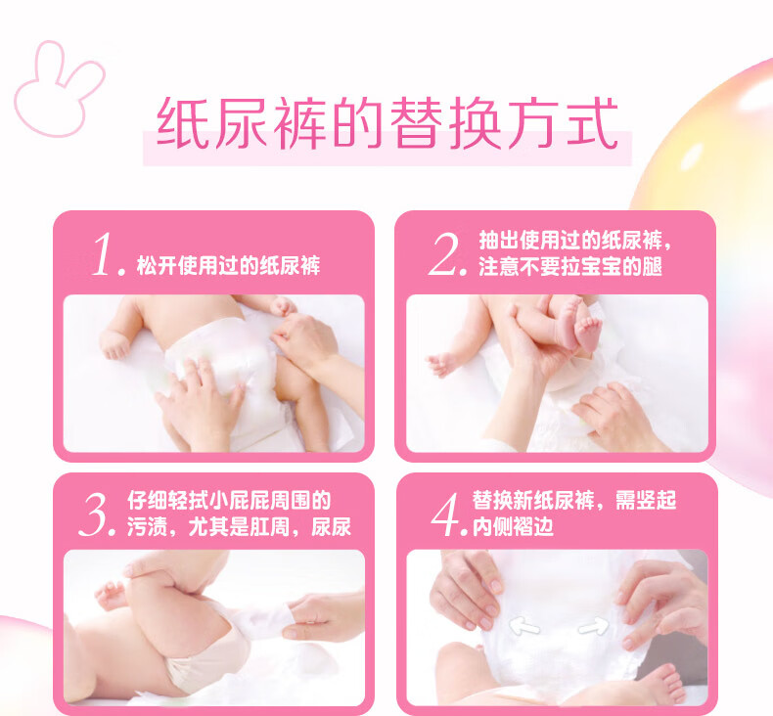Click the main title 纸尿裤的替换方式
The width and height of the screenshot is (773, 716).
387,122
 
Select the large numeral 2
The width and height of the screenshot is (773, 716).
446,254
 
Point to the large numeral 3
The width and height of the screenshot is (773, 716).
97,515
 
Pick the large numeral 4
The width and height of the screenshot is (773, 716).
448,515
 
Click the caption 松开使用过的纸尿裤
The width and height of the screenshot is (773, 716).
228,266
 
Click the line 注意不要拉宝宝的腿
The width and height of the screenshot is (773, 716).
570,267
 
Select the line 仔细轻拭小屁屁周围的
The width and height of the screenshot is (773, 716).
229,500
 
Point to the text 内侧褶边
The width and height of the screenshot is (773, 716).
513,527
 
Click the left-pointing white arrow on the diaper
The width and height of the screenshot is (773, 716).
524,627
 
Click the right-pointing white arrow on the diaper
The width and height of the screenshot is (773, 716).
593,627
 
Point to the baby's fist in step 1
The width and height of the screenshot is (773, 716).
114,343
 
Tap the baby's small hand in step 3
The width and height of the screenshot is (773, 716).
111,595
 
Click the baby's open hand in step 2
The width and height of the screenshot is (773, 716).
440,365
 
